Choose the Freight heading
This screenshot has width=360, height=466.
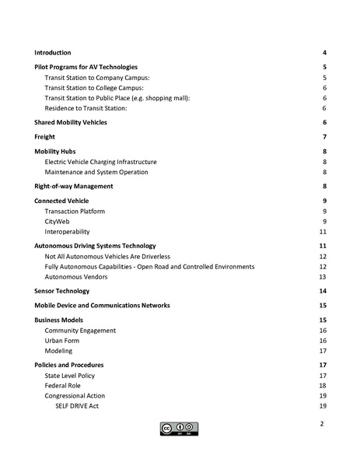pyautogui.click(x=44, y=138)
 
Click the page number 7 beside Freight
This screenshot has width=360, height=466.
pyautogui.click(x=323, y=138)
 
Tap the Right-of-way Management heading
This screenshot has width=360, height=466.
pyautogui.click(x=74, y=187)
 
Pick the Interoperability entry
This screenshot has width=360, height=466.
pyautogui.click(x=67, y=232)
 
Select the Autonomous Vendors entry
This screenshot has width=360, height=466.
pyautogui.click(x=76, y=277)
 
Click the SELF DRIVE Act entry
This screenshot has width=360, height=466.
pyautogui.click(x=77, y=406)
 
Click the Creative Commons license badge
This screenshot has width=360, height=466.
pyautogui.click(x=180, y=428)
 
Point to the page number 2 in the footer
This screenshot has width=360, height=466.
pyautogui.click(x=322, y=424)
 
